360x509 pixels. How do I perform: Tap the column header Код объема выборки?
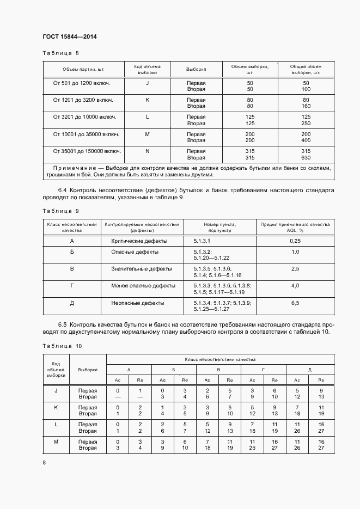point(147,69)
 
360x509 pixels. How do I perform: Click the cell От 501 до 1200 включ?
point(82,83)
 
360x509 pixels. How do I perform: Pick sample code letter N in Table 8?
point(147,151)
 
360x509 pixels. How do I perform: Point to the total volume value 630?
point(306,158)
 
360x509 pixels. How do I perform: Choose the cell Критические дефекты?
point(139,241)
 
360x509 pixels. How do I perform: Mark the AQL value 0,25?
point(295,241)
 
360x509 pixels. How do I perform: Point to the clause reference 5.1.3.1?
point(202,241)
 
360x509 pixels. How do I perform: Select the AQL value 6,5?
point(295,303)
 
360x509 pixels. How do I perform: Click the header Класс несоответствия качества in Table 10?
point(219,359)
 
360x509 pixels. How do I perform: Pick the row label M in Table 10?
point(56,441)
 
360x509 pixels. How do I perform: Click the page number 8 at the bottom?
point(44,462)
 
